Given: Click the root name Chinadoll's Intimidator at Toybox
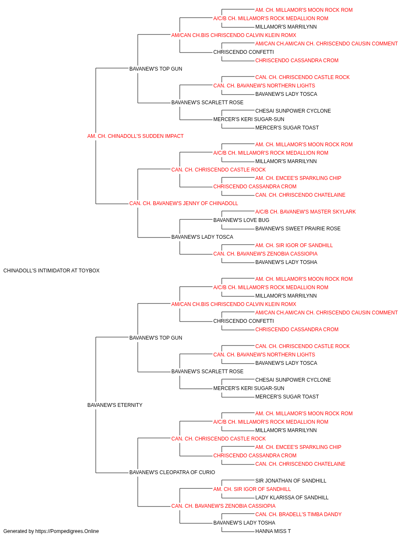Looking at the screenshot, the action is (x=51, y=271).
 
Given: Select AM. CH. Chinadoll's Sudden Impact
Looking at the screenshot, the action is (x=135, y=136).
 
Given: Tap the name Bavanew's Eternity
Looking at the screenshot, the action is (x=115, y=405).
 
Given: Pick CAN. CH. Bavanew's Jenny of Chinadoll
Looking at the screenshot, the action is (x=184, y=203).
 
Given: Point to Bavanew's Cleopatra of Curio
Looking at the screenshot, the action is (x=172, y=472).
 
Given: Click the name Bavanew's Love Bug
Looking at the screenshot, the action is (x=241, y=220).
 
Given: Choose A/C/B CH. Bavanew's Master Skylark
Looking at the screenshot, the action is (x=305, y=212).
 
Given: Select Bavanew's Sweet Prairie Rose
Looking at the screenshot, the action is (x=298, y=229).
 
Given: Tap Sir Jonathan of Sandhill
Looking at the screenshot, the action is (x=291, y=481).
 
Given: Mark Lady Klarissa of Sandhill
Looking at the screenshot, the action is (x=292, y=498).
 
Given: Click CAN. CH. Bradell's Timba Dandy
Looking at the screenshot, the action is (x=298, y=514).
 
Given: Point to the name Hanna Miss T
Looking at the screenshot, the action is (x=273, y=531).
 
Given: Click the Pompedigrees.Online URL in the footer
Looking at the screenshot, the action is (x=67, y=531).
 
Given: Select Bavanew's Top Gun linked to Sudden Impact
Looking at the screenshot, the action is (x=155, y=69).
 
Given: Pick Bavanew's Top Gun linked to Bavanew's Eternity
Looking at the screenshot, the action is (x=155, y=338).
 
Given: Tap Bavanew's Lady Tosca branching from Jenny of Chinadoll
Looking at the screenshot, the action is (x=202, y=237).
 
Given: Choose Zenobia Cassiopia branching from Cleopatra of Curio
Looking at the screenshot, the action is (x=223, y=506).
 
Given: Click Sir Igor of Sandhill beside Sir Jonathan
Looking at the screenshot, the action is (x=252, y=489).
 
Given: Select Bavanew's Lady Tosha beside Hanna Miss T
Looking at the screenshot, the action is (x=244, y=523).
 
